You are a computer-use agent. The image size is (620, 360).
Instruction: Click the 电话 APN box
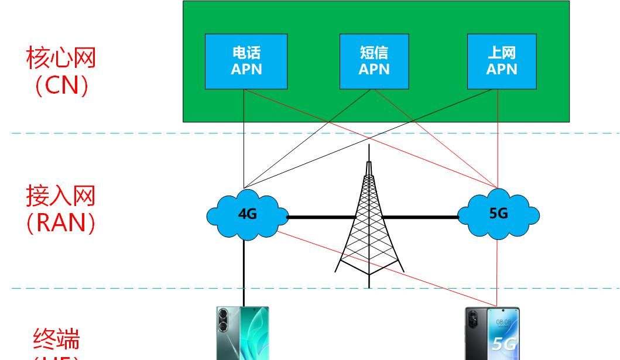pyautogui.click(x=246, y=61)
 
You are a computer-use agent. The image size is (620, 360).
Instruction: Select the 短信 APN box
pyautogui.click(x=374, y=61)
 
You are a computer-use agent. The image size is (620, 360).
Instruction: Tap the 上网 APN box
pyautogui.click(x=502, y=61)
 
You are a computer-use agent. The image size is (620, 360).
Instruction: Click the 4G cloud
pyautogui.click(x=247, y=214)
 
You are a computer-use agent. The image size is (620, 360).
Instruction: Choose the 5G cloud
pyautogui.click(x=499, y=214)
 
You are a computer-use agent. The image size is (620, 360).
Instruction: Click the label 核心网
pyautogui.click(x=61, y=58)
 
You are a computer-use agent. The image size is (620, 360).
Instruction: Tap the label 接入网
pyautogui.click(x=60, y=196)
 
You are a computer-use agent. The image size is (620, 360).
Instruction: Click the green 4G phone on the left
pyautogui.click(x=242, y=334)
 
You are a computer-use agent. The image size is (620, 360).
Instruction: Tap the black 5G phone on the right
pyautogui.click(x=492, y=334)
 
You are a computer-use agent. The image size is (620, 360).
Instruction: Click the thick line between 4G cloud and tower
pyautogui.click(x=322, y=217)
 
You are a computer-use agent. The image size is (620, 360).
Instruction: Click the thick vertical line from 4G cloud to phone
pyautogui.click(x=244, y=269)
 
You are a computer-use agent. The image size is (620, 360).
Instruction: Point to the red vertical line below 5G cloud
pyautogui.click(x=498, y=269)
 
